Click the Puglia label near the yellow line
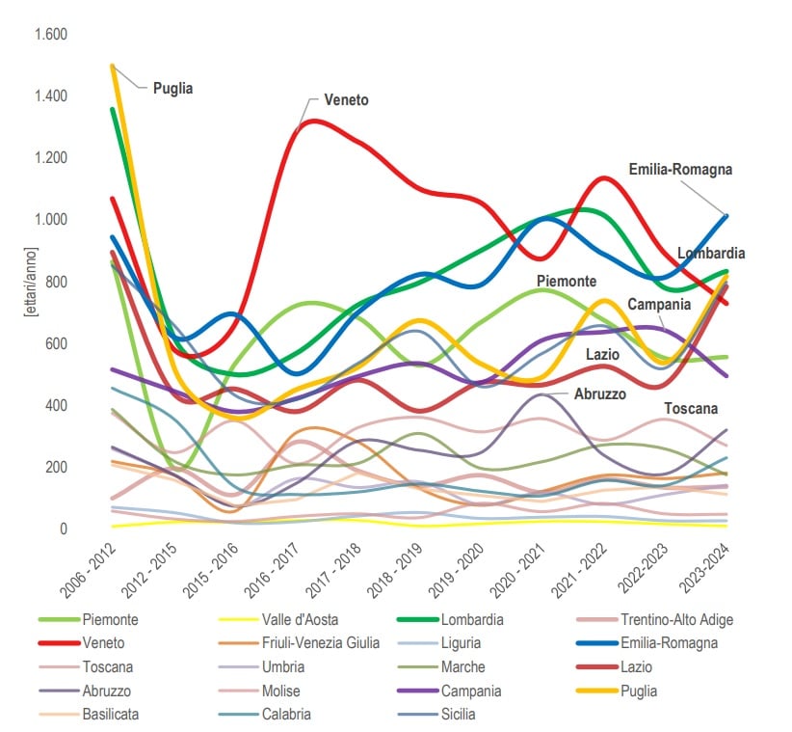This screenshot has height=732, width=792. pos(172,88)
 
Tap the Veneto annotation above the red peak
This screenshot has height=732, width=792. pos(346,100)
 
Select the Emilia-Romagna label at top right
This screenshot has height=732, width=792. pos(680,170)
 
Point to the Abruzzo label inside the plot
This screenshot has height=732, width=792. pos(600,394)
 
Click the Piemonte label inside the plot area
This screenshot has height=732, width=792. pos(567,282)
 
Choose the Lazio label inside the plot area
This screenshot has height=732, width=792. pos(602,355)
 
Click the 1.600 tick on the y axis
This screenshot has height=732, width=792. pos(51,35)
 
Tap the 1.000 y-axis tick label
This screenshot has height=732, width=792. pos(51,220)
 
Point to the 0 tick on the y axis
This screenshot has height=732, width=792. pos(63,529)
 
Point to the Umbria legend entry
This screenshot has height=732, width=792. pos(286,667)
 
